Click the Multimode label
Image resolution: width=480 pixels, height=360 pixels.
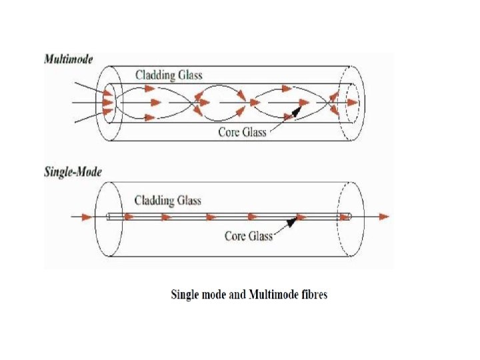pyautogui.click(x=69, y=58)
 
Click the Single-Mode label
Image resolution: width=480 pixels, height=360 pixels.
pyautogui.click(x=73, y=172)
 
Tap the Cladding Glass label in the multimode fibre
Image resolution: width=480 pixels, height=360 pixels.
pyautogui.click(x=168, y=75)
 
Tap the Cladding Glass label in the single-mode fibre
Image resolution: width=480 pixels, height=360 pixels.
pyautogui.click(x=167, y=200)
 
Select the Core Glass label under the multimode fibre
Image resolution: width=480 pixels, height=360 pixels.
pyautogui.click(x=242, y=131)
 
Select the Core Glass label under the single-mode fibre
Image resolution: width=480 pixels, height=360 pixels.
pyautogui.click(x=249, y=235)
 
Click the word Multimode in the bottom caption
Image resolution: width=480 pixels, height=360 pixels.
pyautogui.click(x=274, y=294)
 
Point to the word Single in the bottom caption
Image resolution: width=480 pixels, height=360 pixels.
pyautogui.click(x=185, y=294)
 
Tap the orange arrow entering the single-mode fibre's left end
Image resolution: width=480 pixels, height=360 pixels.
pyautogui.click(x=85, y=217)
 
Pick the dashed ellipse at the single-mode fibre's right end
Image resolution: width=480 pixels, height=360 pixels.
pyautogui.click(x=352, y=217)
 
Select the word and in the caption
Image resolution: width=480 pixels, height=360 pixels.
pyautogui.click(x=237, y=294)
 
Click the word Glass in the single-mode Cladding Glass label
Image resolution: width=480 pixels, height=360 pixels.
pyautogui.click(x=187, y=200)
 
